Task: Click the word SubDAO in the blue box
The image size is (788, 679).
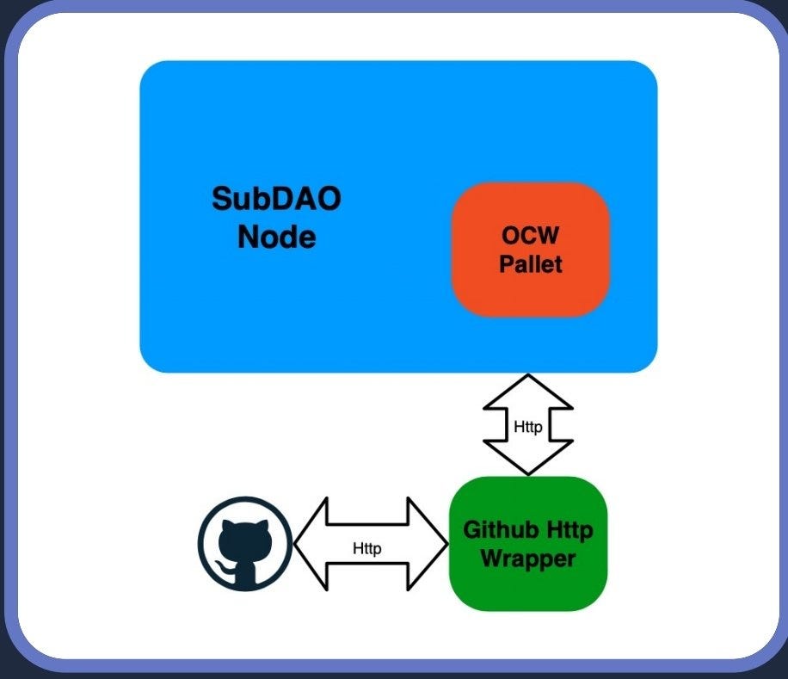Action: pos(276,199)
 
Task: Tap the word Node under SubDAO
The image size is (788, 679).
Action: pos(277,237)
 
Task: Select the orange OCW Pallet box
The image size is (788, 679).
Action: pos(531,250)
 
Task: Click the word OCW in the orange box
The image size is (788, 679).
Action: pos(530,235)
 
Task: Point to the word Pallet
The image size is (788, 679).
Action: pos(531,264)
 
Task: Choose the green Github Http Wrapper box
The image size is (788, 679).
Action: pos(528,544)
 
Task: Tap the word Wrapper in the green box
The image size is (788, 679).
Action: pos(528,559)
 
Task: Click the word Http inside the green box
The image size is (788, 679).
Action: pos(569,530)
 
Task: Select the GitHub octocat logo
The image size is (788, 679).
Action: pos(245,544)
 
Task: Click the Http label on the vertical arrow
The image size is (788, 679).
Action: pos(528,427)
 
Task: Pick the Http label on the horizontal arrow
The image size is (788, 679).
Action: pos(366,548)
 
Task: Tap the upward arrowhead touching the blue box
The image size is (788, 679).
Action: pos(528,392)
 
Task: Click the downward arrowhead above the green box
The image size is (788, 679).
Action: pos(528,457)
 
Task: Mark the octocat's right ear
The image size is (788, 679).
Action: pos(263,526)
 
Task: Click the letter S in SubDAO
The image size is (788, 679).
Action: pos(220,199)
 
